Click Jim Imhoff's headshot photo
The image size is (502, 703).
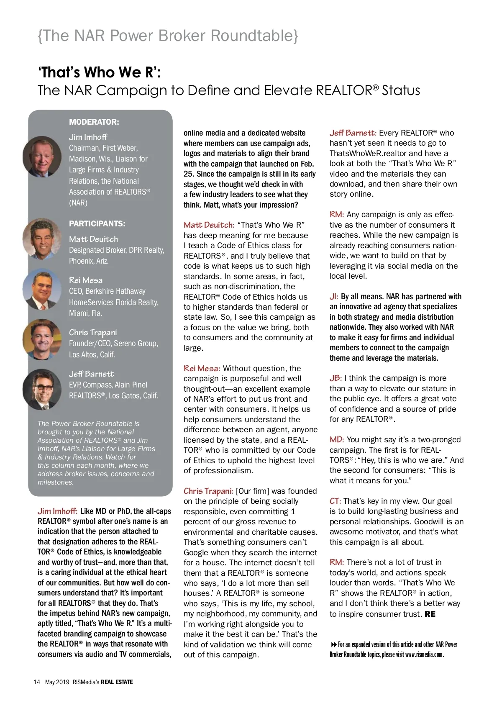pyautogui.click(x=42, y=157)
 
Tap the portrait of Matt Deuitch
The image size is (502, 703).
pyautogui.click(x=42, y=239)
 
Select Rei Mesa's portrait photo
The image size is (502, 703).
pyautogui.click(x=42, y=289)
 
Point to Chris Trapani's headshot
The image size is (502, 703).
pyautogui.click(x=42, y=339)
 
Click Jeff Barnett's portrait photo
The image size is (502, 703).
pyautogui.click(x=42, y=389)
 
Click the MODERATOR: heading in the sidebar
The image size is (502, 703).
pyautogui.click(x=94, y=122)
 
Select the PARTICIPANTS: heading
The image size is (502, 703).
pyautogui.click(x=97, y=223)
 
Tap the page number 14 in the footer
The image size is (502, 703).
pyautogui.click(x=37, y=682)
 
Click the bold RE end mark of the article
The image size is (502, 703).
pyautogui.click(x=430, y=614)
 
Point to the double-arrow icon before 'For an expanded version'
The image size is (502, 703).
pyautogui.click(x=333, y=644)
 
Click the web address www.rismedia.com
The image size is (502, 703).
pyautogui.click(x=424, y=654)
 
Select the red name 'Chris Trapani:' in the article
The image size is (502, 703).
pyautogui.click(x=208, y=491)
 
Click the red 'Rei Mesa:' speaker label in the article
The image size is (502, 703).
pyautogui.click(x=202, y=368)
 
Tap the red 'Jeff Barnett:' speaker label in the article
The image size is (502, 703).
pyautogui.click(x=353, y=133)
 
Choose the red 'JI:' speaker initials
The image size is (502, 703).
pyautogui.click(x=333, y=297)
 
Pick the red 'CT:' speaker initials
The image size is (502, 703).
pyautogui.click(x=335, y=501)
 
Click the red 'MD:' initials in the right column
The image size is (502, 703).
pyautogui.click(x=336, y=439)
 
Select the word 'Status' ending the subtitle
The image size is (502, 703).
pyautogui.click(x=401, y=90)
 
